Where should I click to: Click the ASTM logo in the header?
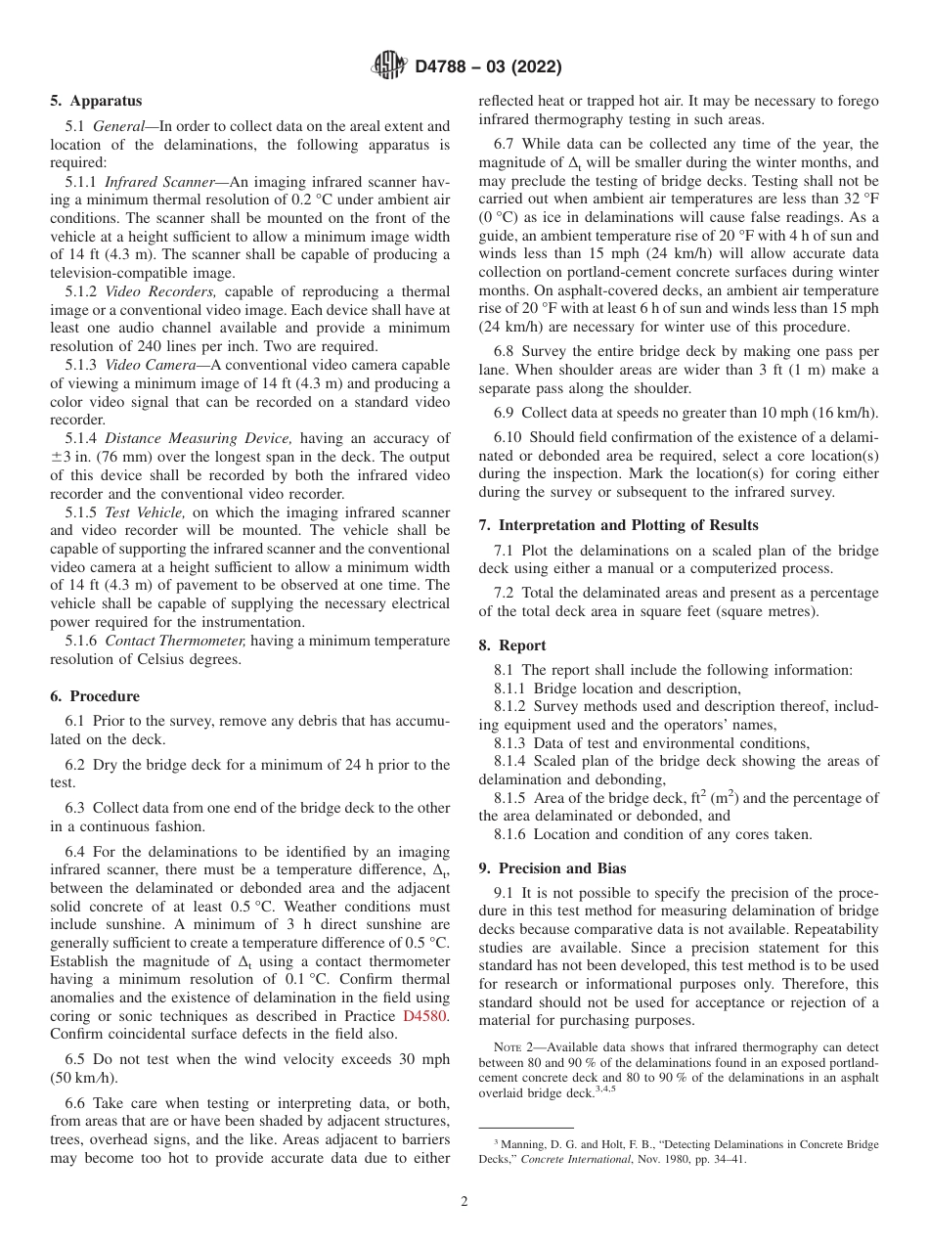point(389,67)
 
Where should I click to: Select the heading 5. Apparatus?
point(96,101)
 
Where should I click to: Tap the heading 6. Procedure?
point(95,696)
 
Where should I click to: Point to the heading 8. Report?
point(512,645)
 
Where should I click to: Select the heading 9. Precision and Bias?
point(553,868)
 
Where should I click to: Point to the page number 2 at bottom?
point(464,1202)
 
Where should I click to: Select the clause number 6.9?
point(507,414)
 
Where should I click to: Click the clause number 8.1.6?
point(513,834)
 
